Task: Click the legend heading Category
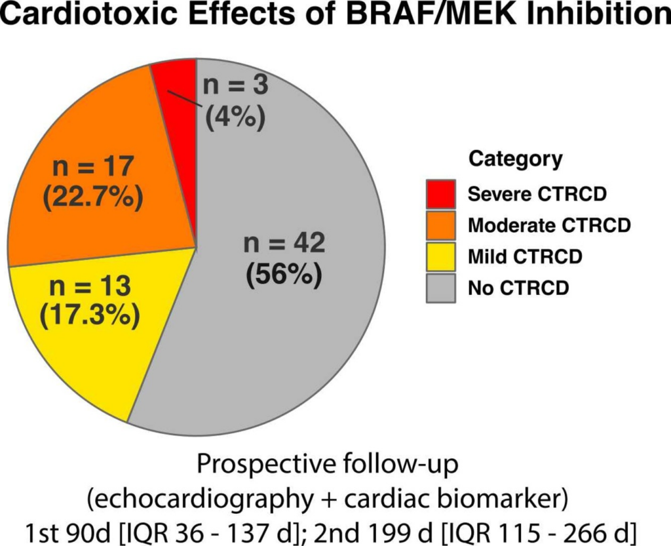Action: (x=515, y=159)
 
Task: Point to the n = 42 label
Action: (x=284, y=244)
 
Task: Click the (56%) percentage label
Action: (x=284, y=275)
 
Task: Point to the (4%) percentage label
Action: (x=235, y=119)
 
